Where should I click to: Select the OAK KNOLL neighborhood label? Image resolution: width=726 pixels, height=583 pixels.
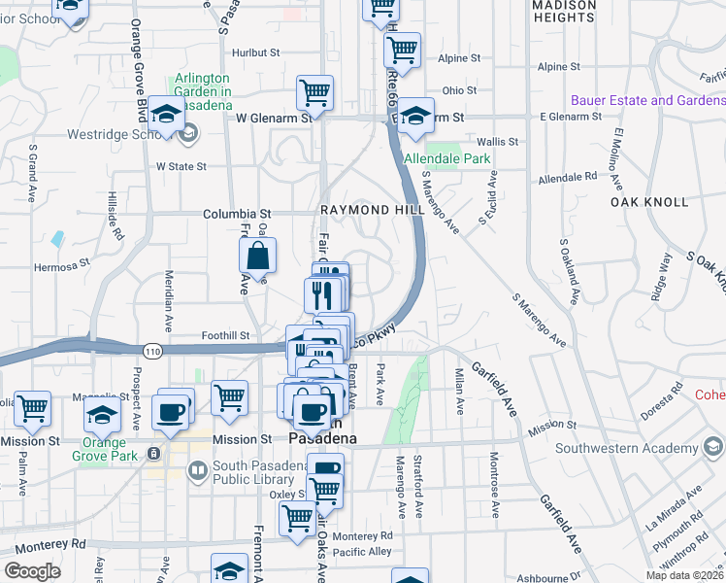click(649, 202)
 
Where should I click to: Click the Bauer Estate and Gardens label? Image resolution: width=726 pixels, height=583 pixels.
click(648, 100)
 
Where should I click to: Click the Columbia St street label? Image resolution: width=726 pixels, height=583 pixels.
click(236, 214)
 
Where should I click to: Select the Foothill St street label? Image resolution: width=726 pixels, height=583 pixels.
click(225, 335)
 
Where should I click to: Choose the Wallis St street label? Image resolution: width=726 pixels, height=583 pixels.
click(498, 142)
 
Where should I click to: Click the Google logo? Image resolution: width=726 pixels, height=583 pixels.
click(32, 570)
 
